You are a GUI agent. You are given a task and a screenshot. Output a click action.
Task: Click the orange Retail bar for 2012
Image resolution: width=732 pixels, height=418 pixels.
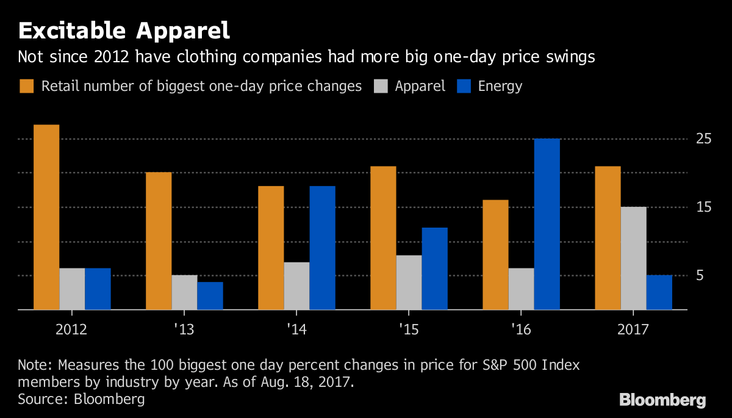point(46,217)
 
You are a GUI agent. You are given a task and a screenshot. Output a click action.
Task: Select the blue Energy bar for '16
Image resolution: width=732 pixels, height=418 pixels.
point(547,225)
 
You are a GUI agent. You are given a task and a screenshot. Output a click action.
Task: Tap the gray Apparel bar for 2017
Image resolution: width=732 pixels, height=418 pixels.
point(633,258)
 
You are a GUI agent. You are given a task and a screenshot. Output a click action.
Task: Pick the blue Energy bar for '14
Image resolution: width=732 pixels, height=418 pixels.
point(322,248)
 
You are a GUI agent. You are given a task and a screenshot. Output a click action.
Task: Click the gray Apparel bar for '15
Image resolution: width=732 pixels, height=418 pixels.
point(409,283)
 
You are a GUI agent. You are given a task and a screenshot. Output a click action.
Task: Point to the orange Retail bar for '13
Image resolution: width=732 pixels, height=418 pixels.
point(159,241)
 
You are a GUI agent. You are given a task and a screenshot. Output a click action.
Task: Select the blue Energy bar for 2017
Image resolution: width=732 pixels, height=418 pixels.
point(659,292)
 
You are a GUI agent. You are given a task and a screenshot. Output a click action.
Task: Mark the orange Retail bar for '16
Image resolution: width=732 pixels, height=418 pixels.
point(495,255)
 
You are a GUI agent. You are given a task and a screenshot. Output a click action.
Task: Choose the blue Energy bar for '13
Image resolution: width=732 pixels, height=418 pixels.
point(210,296)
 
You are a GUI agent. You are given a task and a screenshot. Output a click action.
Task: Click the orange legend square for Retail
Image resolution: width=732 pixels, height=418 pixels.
point(26,86)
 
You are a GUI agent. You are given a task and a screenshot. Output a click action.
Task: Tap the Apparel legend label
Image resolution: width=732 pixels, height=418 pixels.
point(420,86)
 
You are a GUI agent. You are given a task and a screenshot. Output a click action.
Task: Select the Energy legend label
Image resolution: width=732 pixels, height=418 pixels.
point(500,86)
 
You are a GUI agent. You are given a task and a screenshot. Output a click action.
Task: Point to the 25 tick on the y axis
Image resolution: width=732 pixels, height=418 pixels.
point(704,139)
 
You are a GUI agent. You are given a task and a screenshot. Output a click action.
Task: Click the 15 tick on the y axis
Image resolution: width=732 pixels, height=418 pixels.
point(704,207)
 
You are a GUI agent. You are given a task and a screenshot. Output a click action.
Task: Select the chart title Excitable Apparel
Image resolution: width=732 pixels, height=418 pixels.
point(124,31)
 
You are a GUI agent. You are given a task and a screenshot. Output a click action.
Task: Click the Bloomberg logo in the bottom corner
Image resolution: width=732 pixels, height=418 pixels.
point(662,400)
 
